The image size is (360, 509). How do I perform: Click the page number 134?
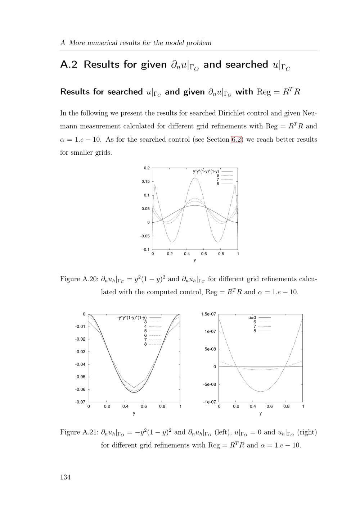pyautogui.click(x=65, y=477)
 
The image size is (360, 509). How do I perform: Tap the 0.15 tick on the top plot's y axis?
pyautogui.click(x=145, y=182)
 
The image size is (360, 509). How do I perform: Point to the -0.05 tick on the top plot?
pyautogui.click(x=145, y=236)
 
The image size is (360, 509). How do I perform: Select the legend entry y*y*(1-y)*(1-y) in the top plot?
pyautogui.click(x=206, y=171)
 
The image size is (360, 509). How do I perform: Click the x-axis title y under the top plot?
pyautogui.click(x=195, y=260)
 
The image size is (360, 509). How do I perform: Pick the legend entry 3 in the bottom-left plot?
pyautogui.click(x=145, y=322)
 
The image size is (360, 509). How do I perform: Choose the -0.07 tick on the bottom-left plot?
pyautogui.click(x=80, y=402)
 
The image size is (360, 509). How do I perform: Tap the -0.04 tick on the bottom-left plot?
pyautogui.click(x=80, y=364)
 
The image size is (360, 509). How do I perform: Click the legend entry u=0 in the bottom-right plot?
pyautogui.click(x=252, y=318)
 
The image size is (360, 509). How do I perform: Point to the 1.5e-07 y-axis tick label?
pyautogui.click(x=208, y=314)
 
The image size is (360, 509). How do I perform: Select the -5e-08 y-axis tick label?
pyautogui.click(x=209, y=385)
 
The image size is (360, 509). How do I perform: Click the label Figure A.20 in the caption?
pyautogui.click(x=79, y=279)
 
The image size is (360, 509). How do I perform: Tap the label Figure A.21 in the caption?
pyautogui.click(x=79, y=432)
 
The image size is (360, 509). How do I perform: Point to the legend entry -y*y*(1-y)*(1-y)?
pyautogui.click(x=132, y=318)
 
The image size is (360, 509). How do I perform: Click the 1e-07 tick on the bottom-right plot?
pyautogui.click(x=210, y=332)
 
